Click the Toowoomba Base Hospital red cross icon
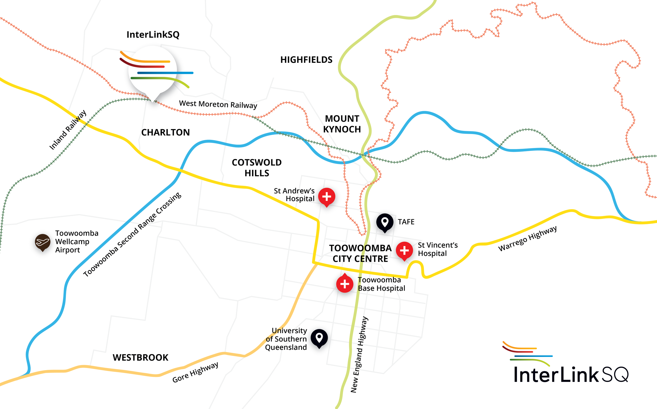(x=345, y=284)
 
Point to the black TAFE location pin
(x=385, y=222)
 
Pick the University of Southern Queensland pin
(x=319, y=338)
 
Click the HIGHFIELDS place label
(x=306, y=60)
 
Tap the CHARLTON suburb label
(x=166, y=132)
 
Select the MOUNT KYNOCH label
(x=342, y=124)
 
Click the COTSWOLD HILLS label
(x=256, y=168)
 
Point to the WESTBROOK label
(x=140, y=357)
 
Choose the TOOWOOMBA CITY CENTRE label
(x=360, y=253)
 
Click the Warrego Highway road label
(x=527, y=238)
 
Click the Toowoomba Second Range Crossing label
(x=132, y=234)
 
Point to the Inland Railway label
(x=68, y=130)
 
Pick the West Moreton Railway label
(x=218, y=104)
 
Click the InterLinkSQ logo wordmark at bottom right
(x=571, y=375)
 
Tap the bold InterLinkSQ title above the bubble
(x=153, y=35)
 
